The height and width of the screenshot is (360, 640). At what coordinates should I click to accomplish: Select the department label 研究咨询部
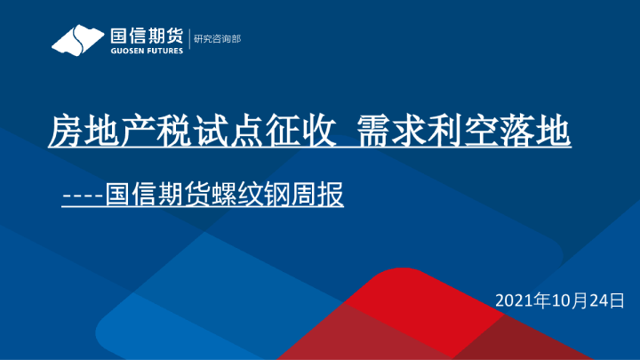[x=217, y=39]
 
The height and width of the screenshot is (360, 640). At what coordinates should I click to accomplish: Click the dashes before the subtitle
[x=83, y=195]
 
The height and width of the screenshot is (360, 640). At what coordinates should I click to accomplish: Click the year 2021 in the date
[x=513, y=300]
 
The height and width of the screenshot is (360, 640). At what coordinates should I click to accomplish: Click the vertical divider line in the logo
[x=188, y=40]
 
